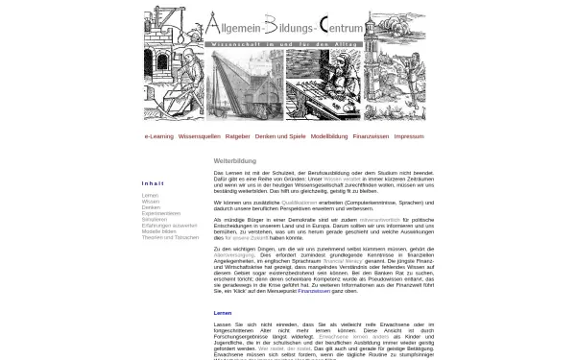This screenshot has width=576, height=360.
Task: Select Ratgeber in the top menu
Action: click(x=237, y=136)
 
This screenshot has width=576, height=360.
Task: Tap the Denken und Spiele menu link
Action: click(x=279, y=136)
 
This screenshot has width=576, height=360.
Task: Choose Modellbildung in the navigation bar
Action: click(x=329, y=136)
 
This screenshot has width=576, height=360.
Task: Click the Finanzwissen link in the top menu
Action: click(x=371, y=136)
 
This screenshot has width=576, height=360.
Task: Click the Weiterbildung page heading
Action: click(x=234, y=161)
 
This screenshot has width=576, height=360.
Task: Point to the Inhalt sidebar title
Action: click(x=153, y=183)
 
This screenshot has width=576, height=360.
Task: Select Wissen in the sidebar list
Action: click(x=151, y=201)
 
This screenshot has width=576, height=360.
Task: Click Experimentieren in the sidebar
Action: click(x=161, y=212)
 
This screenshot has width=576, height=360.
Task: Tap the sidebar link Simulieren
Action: click(x=155, y=219)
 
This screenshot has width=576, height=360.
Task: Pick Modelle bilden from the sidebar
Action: click(x=159, y=230)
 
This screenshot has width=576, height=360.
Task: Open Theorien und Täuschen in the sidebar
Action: click(x=169, y=236)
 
